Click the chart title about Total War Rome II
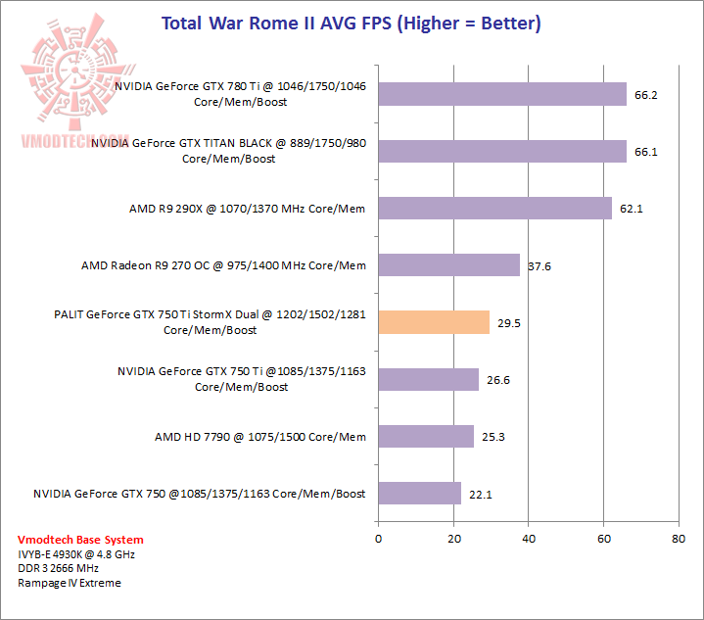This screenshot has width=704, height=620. [351, 23]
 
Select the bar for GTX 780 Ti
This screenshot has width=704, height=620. [502, 93]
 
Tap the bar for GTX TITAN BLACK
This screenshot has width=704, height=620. [502, 151]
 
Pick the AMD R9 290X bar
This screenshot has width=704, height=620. [494, 208]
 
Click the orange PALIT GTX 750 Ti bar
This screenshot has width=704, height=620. [433, 322]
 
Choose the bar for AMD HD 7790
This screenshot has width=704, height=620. [425, 437]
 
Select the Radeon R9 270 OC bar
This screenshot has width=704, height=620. [448, 264]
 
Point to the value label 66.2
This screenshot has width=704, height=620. [646, 95]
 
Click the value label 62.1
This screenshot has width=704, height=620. [631, 209]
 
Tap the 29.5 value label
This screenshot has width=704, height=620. [508, 323]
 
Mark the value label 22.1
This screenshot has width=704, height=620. [480, 495]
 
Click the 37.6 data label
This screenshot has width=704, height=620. [539, 266]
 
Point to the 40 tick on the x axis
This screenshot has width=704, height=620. [529, 538]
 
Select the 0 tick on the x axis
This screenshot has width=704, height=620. [378, 538]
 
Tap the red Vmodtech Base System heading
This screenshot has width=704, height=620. [80, 540]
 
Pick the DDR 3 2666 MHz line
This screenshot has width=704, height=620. [59, 568]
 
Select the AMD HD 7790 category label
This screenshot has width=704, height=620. [259, 437]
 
